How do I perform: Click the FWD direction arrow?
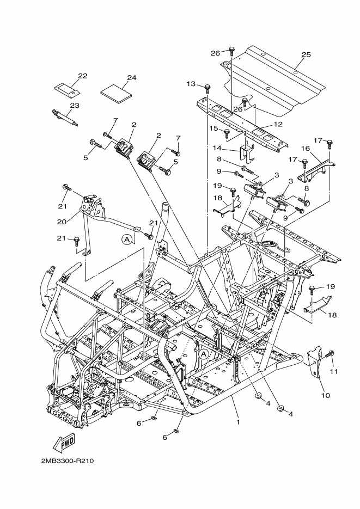pyautogui.click(x=64, y=443)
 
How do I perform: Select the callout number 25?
pyautogui.click(x=306, y=54)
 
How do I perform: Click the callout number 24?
pyautogui.click(x=131, y=78)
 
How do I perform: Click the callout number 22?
pyautogui.click(x=83, y=76)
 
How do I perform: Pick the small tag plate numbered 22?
pyautogui.click(x=67, y=90)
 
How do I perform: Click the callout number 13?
pyautogui.click(x=191, y=84)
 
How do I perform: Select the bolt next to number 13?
pyautogui.click(x=207, y=89)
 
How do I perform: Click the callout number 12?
pyautogui.click(x=278, y=124)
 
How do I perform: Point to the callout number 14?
pyautogui.click(x=217, y=148)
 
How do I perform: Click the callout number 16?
pyautogui.click(x=306, y=149)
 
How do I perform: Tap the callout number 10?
pyautogui.click(x=325, y=395)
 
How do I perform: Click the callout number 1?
pyautogui.click(x=238, y=422)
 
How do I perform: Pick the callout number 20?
pyautogui.click(x=62, y=222)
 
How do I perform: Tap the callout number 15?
pyautogui.click(x=213, y=128)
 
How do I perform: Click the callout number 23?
pyautogui.click(x=74, y=105)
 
